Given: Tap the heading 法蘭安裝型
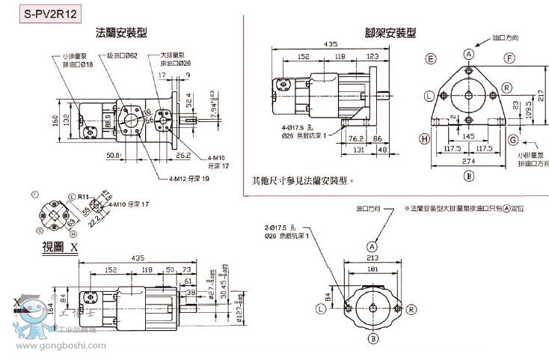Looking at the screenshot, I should (121, 33).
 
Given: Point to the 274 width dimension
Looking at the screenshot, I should (469, 161).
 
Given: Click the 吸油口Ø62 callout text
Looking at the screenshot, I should (122, 55).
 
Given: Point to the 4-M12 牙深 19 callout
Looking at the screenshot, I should (189, 179).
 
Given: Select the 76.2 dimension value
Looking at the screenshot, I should (355, 138).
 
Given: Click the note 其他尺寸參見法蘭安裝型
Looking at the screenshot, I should (302, 180).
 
